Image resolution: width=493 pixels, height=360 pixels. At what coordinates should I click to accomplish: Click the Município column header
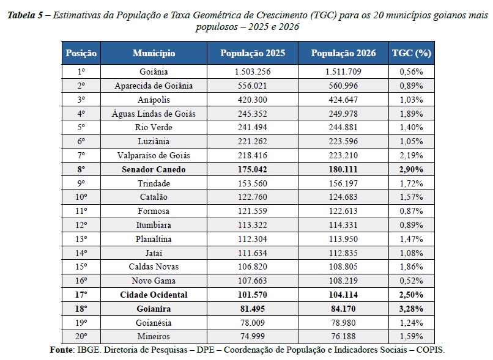tap(154, 53)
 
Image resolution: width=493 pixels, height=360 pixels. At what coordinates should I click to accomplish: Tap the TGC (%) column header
tap(411, 53)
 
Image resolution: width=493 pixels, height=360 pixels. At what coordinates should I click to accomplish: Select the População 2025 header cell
tap(253, 53)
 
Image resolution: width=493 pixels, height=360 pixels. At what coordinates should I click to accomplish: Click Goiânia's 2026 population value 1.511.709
tap(343, 72)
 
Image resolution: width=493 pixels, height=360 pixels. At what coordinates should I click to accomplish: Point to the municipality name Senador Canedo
tap(154, 170)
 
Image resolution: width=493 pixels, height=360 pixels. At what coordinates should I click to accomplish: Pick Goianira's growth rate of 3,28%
tap(411, 309)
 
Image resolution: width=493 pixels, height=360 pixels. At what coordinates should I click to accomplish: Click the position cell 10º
tap(81, 197)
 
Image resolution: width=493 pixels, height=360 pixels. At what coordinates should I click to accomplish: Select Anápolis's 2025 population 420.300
tap(253, 100)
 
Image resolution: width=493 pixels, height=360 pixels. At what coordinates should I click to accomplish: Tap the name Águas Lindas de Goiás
tap(154, 114)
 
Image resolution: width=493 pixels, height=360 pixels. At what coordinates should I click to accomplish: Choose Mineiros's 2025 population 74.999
tap(253, 336)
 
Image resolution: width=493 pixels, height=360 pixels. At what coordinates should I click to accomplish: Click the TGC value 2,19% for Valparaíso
tap(411, 155)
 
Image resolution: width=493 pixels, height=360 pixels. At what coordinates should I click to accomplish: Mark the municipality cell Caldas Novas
tap(154, 266)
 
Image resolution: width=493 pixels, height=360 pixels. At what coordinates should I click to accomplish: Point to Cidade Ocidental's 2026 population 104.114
tap(343, 295)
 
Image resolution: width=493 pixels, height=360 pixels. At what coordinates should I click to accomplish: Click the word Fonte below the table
tap(62, 350)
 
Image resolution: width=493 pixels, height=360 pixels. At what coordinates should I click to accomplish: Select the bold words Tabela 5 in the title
tap(25, 15)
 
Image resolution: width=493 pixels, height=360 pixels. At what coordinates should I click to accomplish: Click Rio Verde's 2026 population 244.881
tap(343, 128)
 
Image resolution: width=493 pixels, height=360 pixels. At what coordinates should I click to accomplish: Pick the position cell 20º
tap(81, 336)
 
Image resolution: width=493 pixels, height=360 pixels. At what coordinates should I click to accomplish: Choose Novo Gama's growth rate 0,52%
tap(411, 281)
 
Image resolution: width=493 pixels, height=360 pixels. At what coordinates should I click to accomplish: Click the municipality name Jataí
tap(154, 253)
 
